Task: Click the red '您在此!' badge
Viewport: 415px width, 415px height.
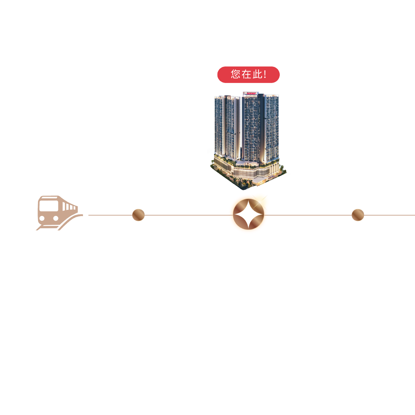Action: pyautogui.click(x=248, y=75)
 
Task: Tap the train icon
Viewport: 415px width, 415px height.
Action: pyautogui.click(x=58, y=213)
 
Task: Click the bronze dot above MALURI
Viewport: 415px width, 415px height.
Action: pyautogui.click(x=138, y=215)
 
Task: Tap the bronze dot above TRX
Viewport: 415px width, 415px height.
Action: pyautogui.click(x=358, y=215)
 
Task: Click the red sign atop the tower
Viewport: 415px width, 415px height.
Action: pyautogui.click(x=251, y=93)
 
